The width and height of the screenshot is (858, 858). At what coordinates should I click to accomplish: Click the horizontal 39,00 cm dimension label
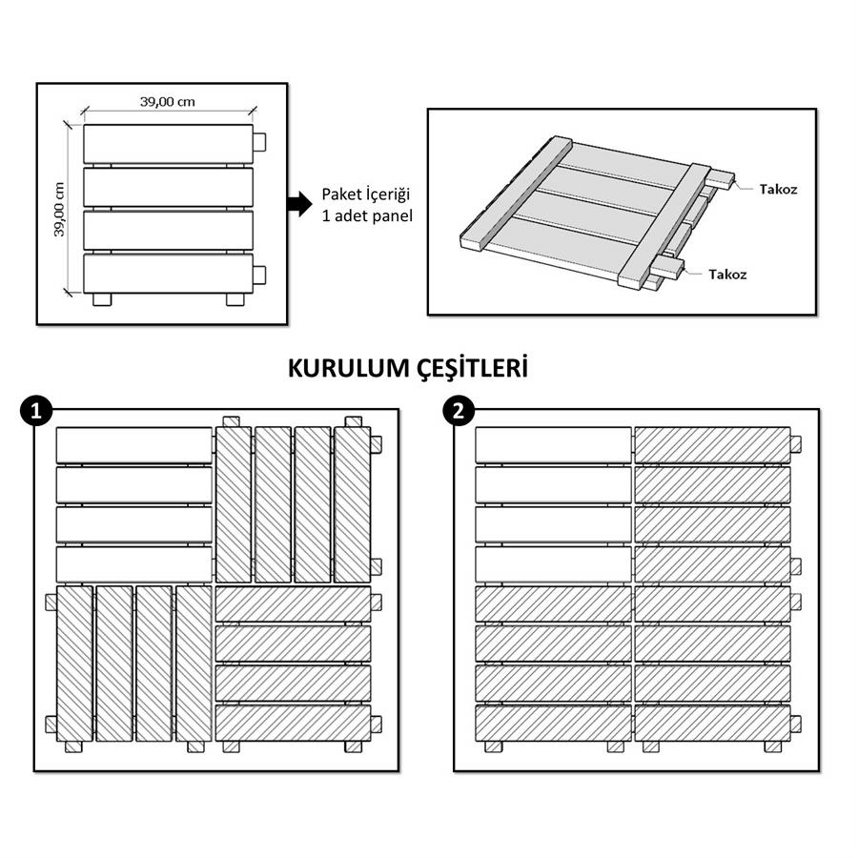click(x=168, y=102)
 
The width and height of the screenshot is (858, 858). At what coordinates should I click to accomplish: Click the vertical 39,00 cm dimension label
click(x=59, y=210)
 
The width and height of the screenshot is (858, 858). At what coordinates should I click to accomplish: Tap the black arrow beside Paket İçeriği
click(x=299, y=204)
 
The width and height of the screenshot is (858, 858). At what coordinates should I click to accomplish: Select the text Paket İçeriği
click(x=365, y=194)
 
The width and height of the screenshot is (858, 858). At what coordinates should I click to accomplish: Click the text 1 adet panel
click(x=367, y=216)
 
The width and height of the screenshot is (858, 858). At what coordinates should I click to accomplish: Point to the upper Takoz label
click(x=778, y=190)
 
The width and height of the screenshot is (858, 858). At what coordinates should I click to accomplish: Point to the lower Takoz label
click(x=727, y=275)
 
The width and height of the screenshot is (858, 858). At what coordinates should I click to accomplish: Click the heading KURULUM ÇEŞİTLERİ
click(x=408, y=368)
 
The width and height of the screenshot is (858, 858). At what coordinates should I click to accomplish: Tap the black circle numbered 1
click(x=36, y=411)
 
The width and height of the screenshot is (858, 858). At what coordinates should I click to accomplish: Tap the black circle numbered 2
click(x=459, y=411)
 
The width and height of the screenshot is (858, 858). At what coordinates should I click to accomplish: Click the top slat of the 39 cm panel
click(x=169, y=144)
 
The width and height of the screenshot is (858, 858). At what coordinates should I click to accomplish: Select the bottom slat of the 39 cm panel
click(x=169, y=273)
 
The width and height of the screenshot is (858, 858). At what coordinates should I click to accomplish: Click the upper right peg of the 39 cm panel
click(x=259, y=142)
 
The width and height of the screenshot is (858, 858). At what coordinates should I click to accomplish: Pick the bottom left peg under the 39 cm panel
click(x=102, y=299)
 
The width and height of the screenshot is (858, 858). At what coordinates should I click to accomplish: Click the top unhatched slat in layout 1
click(x=134, y=445)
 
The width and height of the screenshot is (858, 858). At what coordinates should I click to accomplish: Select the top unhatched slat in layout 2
click(x=553, y=445)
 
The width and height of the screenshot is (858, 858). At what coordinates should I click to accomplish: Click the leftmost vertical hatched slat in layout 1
click(x=74, y=664)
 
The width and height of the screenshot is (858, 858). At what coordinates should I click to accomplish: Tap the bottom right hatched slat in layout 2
click(x=712, y=724)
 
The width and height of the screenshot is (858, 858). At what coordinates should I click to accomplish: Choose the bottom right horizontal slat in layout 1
click(x=294, y=724)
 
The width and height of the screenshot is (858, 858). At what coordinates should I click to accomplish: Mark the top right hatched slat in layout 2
click(x=712, y=445)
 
